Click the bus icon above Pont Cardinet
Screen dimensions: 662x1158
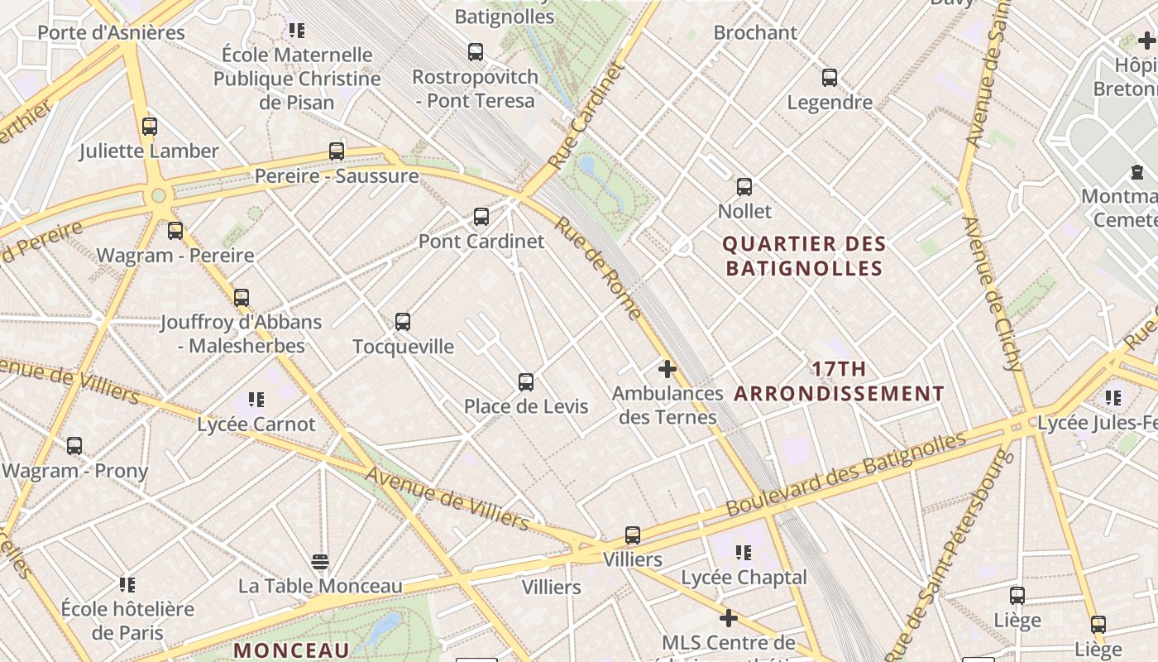point(481,217)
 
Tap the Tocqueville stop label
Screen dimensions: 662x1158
point(403,346)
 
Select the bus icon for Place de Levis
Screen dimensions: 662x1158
point(526,382)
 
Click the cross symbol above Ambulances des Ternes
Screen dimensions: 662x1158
point(667,369)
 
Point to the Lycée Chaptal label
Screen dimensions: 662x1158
point(744,577)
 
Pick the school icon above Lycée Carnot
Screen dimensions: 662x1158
point(256,401)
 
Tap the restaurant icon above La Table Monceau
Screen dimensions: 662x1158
point(321,563)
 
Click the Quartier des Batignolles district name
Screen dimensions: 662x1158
point(804,256)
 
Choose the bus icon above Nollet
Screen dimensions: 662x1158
point(744,187)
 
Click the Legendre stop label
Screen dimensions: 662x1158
point(830,103)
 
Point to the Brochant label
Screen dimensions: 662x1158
point(755,33)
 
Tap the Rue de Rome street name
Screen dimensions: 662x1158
point(598,267)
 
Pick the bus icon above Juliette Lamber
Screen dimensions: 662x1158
point(150,127)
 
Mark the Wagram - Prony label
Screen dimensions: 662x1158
point(75,471)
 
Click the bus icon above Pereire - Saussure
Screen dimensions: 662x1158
point(337,151)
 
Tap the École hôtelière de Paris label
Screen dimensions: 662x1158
point(127,621)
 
